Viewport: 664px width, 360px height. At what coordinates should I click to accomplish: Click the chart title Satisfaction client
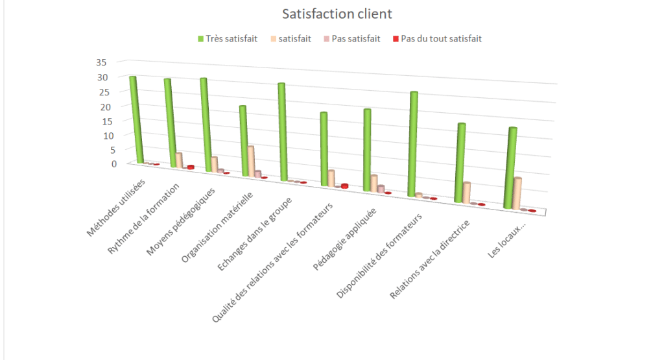point(337,14)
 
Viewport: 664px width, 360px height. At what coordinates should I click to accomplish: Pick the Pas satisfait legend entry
point(355,39)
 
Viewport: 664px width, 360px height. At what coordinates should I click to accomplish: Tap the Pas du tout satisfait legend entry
point(441,39)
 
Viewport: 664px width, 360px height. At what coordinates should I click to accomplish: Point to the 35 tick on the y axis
point(101,62)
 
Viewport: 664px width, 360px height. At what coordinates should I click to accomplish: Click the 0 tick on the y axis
point(113,163)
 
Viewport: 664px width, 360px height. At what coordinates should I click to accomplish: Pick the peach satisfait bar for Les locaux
point(517,193)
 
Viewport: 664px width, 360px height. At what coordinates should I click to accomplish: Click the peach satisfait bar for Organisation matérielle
point(250,161)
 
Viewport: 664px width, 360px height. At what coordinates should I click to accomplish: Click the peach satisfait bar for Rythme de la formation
point(178,160)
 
